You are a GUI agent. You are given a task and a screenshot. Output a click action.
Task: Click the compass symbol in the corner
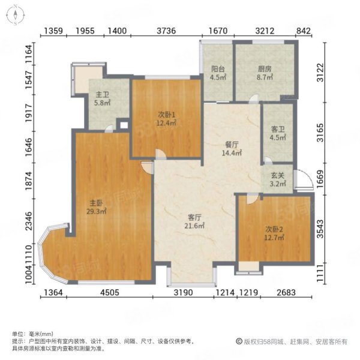(x=16, y=15)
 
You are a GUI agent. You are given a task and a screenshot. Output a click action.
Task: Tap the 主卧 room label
(x=96, y=203)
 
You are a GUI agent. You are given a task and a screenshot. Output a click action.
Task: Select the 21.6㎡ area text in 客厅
(x=194, y=226)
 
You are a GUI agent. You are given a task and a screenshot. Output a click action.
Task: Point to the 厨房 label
(x=265, y=68)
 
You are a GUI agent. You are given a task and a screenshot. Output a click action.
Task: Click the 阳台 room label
(x=218, y=68)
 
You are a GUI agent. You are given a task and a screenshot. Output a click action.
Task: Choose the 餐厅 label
(x=232, y=145)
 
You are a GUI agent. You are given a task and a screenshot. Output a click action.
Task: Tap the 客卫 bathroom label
(x=278, y=130)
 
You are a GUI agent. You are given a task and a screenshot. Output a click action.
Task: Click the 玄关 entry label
(x=278, y=175)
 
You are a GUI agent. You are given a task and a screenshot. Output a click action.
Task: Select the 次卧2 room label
(x=274, y=229)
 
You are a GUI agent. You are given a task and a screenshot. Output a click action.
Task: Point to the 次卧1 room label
(x=167, y=114)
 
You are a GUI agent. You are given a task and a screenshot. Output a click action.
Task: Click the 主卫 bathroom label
(x=102, y=94)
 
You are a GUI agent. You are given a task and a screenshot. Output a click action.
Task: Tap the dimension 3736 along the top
(x=166, y=31)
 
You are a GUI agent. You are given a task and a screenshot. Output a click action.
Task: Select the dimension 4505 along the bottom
(x=110, y=293)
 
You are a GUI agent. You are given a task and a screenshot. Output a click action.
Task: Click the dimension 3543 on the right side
(x=320, y=229)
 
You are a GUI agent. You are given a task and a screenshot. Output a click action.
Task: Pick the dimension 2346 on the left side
(x=29, y=221)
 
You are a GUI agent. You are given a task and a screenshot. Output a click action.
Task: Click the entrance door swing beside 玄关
(x=304, y=179)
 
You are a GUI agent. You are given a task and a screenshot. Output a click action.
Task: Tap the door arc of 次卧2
(x=252, y=199)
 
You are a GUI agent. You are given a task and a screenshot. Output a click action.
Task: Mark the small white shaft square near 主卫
(x=124, y=125)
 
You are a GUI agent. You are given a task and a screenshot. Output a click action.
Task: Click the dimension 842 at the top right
(x=303, y=31)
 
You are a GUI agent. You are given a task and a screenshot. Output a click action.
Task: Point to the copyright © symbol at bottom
(x=239, y=341)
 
